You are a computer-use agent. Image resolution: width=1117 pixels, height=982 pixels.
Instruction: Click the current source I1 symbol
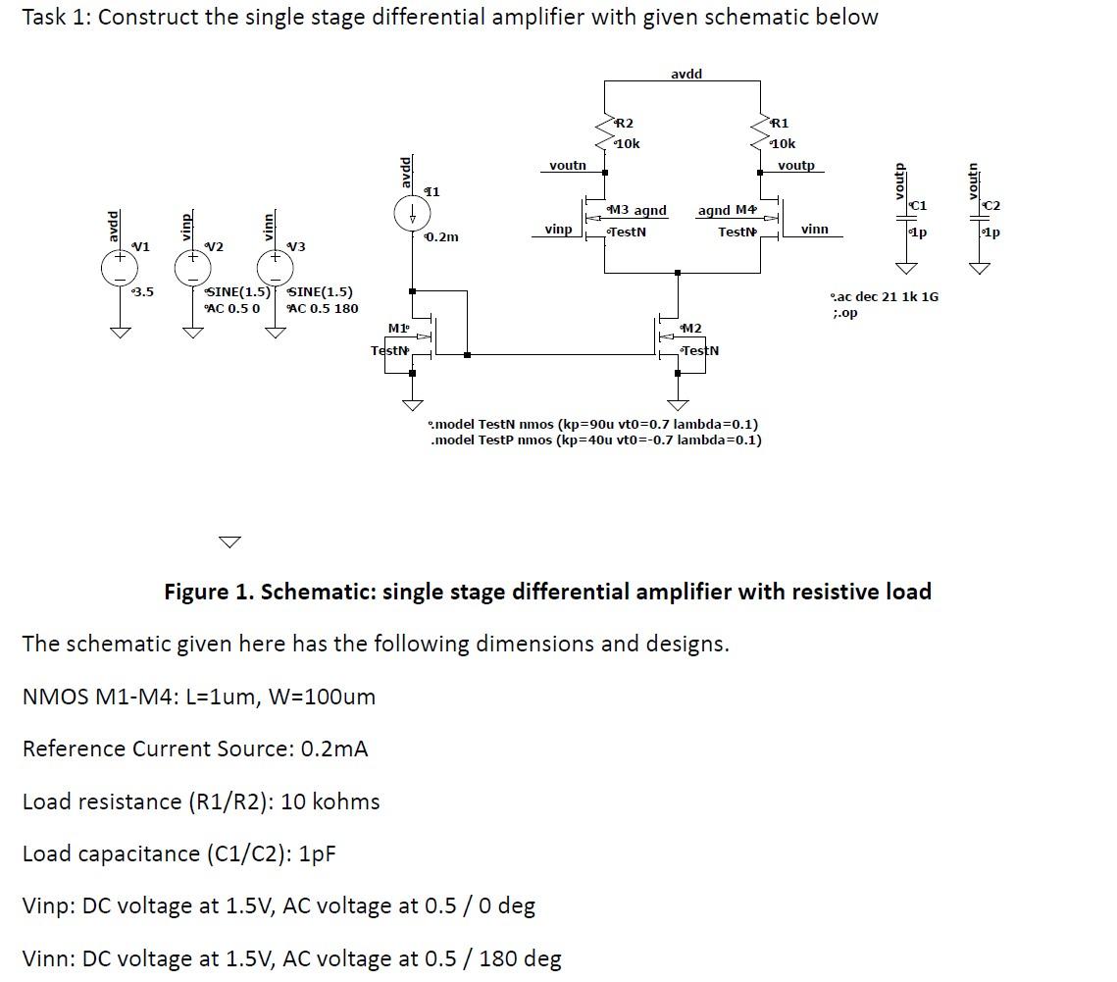coord(413,214)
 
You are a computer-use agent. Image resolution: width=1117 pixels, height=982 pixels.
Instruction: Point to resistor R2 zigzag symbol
coord(605,131)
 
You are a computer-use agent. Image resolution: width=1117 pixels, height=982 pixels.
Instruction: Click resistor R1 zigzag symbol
coord(761,131)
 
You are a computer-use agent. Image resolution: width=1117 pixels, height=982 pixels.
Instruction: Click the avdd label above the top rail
coord(685,75)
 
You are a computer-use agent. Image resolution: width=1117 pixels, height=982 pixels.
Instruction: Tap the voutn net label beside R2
coord(567,166)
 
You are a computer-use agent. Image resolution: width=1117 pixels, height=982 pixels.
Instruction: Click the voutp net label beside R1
coord(795,166)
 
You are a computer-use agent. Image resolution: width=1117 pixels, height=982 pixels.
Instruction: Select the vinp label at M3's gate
coord(558,230)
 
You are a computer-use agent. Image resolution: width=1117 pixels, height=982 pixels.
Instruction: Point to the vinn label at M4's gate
coord(814,230)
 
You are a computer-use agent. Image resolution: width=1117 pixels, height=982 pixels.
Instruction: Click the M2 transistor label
coord(692,328)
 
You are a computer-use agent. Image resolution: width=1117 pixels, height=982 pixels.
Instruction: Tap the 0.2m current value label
coord(443,237)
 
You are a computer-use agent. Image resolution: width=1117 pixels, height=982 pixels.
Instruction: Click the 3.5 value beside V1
coord(143,291)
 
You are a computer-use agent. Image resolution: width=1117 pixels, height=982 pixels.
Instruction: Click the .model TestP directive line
coord(595,439)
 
